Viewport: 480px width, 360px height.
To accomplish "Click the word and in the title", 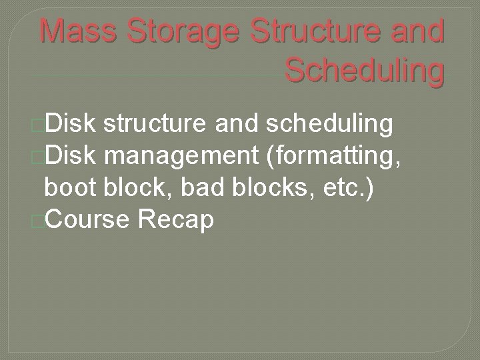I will click(419, 31).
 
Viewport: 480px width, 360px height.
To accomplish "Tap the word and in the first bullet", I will click(239, 123).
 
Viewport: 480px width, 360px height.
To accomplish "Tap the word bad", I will click(191, 187).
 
